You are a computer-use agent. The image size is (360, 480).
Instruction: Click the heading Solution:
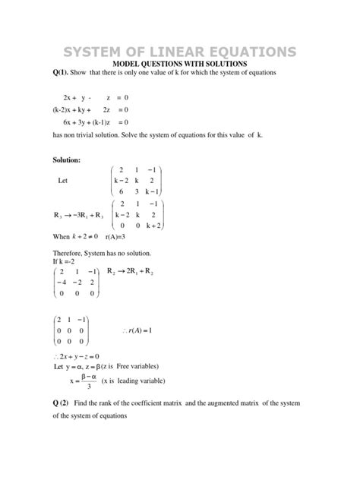66,160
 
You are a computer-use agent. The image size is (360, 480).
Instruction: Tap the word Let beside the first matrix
63,182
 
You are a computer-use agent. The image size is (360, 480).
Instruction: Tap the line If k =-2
66,261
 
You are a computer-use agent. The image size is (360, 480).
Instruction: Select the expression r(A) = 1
137,330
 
